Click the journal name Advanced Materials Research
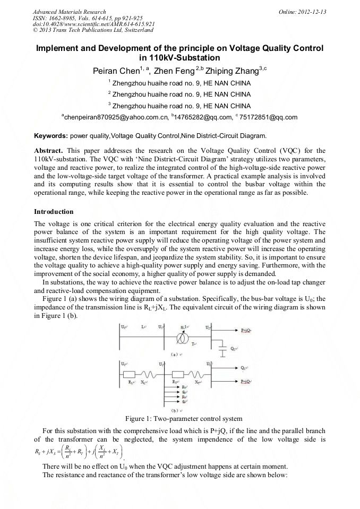pos(69,12)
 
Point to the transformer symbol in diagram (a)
pos(184,338)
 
